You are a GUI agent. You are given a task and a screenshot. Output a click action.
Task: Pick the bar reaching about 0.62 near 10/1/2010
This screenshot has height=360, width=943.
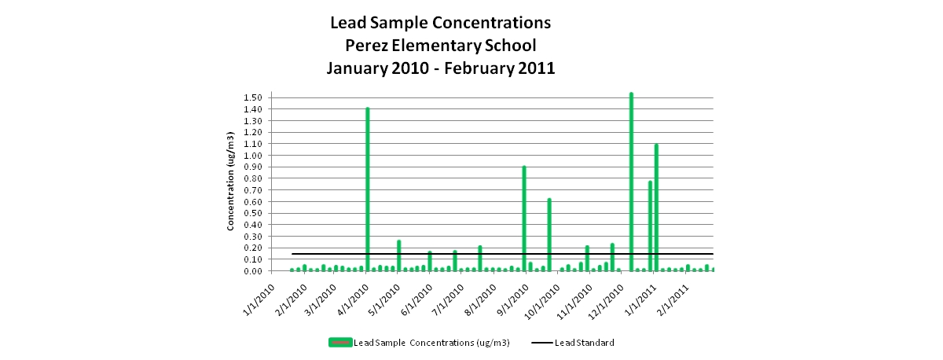[549, 235]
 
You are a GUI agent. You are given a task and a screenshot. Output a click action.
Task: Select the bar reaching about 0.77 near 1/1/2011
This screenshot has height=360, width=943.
[650, 226]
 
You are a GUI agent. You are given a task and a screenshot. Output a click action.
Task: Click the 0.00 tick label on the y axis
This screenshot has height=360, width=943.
[252, 271]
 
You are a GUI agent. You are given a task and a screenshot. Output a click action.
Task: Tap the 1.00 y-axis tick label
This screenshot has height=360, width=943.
[252, 156]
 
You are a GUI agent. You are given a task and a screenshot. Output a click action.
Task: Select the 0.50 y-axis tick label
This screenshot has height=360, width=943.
[252, 213]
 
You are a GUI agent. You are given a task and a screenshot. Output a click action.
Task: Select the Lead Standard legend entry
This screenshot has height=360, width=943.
[573, 343]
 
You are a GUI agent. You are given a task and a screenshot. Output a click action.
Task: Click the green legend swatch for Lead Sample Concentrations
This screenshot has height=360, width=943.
[340, 343]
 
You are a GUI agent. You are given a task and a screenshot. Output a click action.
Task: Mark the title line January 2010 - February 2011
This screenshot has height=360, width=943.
[440, 68]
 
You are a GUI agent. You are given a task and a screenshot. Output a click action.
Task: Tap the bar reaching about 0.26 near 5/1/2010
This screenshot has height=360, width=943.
[398, 255]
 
